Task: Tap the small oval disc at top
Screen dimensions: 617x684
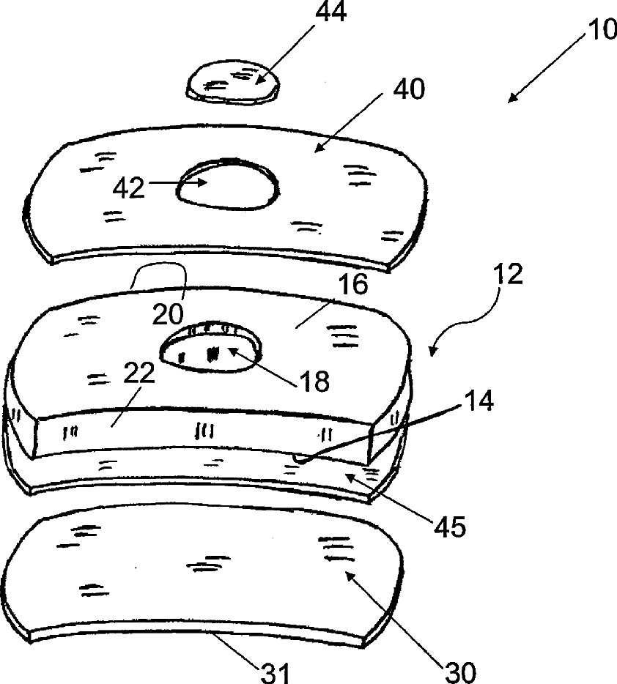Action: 232,82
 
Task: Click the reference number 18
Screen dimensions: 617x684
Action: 313,381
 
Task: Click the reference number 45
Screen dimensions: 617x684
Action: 449,527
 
